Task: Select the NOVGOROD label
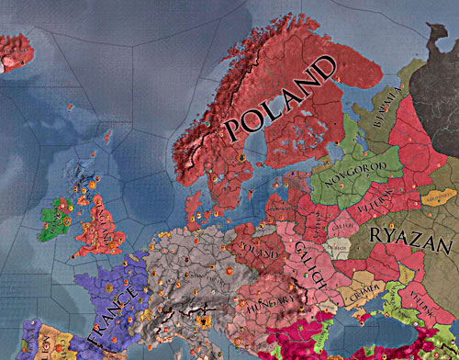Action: tap(350, 168)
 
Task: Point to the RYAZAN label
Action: tap(410, 242)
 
